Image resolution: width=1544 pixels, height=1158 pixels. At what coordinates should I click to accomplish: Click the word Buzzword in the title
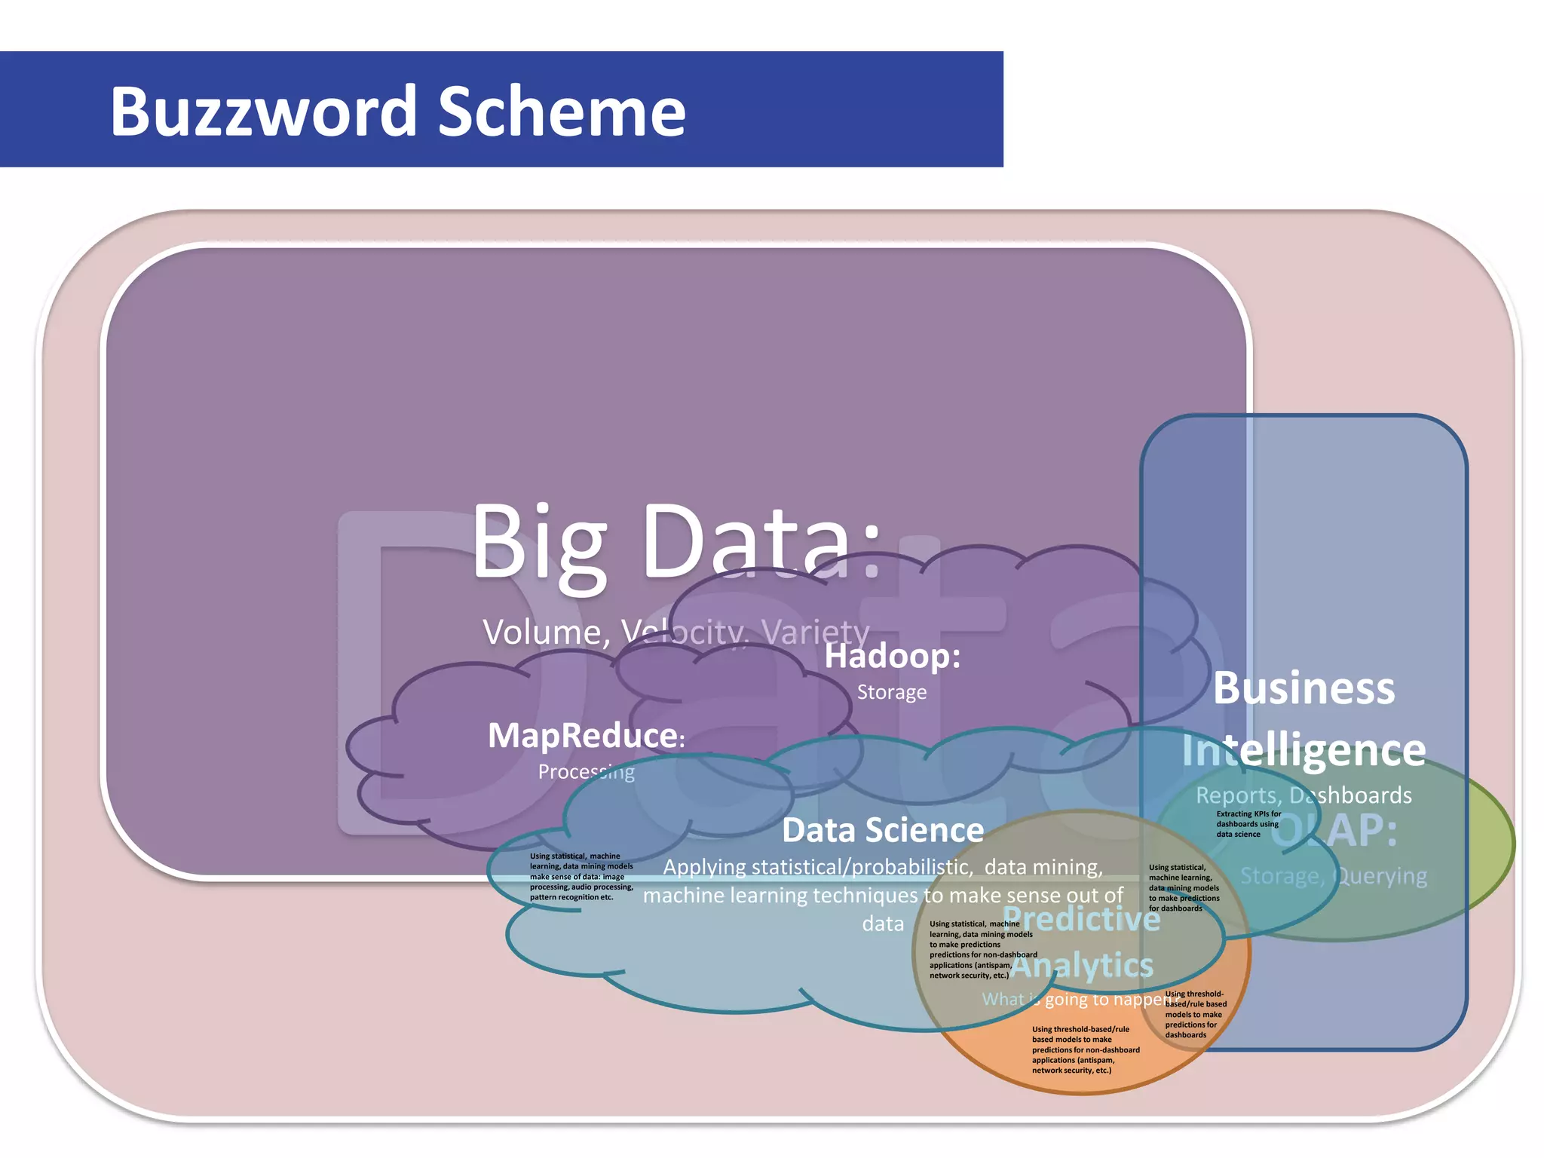click(x=263, y=112)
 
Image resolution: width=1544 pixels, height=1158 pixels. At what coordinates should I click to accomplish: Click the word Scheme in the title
click(x=562, y=112)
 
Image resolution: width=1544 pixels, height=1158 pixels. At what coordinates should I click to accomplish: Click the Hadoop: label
click(x=893, y=656)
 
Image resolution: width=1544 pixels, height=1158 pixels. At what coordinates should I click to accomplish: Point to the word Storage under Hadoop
click(x=892, y=692)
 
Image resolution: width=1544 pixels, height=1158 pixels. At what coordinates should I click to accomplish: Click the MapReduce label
click(x=585, y=736)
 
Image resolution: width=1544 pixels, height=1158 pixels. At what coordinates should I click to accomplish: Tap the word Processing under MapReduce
click(x=586, y=772)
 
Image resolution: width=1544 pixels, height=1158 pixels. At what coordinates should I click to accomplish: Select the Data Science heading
click(x=883, y=831)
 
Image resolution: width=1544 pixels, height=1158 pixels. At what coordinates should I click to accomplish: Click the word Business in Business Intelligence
click(x=1304, y=688)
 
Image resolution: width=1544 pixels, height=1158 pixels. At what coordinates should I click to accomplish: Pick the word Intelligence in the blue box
click(x=1304, y=751)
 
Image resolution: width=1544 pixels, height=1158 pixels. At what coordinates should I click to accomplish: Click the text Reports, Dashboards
click(x=1304, y=795)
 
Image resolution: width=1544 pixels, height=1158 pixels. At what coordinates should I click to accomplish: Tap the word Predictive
click(x=1082, y=919)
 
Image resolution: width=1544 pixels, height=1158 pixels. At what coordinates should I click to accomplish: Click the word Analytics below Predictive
click(x=1082, y=966)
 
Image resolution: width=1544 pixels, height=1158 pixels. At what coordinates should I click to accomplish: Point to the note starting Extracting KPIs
click(x=1248, y=824)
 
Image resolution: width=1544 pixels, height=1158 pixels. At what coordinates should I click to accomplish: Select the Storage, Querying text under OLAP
click(x=1334, y=876)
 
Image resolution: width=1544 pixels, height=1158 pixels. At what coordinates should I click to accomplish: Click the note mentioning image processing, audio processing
click(x=581, y=877)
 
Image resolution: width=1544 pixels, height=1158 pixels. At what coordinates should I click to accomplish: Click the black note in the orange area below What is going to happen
click(x=1086, y=1049)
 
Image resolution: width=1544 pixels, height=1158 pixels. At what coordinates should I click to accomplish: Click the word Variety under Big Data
click(x=816, y=632)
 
